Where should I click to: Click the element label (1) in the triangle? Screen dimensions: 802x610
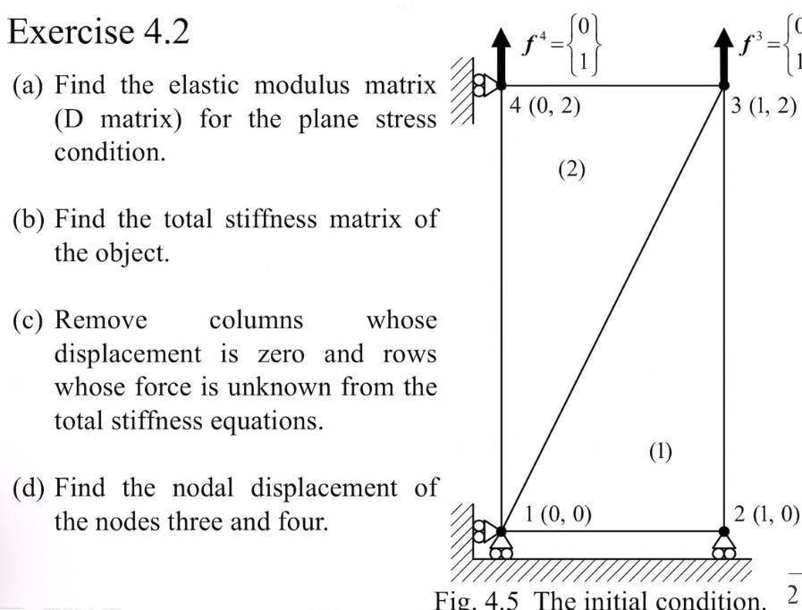(x=659, y=451)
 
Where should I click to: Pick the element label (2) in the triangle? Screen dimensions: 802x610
(x=571, y=169)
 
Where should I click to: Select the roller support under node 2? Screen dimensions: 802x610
(x=723, y=545)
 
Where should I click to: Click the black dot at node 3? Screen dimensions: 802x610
(x=723, y=87)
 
